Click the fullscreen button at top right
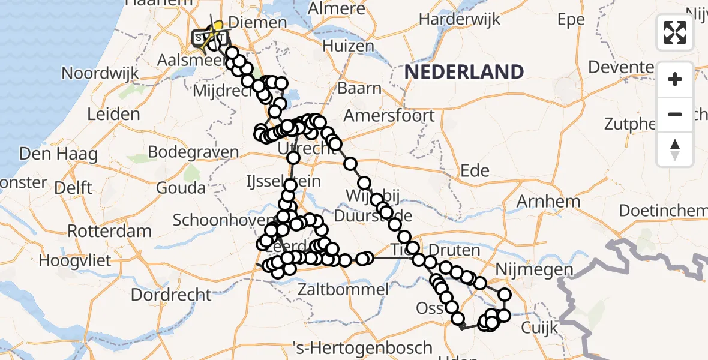point(675,32)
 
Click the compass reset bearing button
point(675,149)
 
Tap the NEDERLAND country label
point(464,72)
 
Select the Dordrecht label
point(171,295)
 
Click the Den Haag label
point(58,154)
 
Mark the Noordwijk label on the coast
point(100,73)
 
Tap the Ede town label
point(475,170)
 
